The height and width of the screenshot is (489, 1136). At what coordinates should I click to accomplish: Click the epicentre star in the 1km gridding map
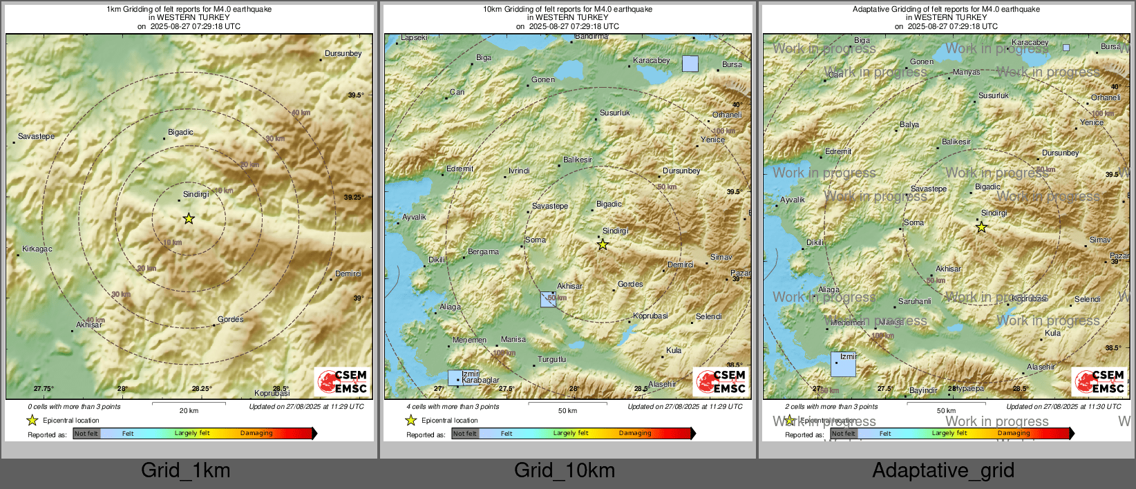[x=189, y=219]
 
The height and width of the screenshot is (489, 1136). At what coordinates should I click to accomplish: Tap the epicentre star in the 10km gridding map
[x=603, y=245]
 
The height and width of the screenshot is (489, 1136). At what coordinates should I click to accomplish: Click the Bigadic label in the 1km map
[x=180, y=132]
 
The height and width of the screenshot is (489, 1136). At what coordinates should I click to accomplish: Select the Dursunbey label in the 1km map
[x=343, y=53]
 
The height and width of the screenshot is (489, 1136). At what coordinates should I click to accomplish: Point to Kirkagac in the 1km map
[x=37, y=249]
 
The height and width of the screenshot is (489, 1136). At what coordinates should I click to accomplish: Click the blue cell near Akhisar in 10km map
[x=548, y=299]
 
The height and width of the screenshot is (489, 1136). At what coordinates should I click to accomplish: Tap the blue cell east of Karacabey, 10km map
[x=690, y=64]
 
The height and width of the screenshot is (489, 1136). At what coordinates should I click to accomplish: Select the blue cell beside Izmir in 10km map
[x=454, y=378]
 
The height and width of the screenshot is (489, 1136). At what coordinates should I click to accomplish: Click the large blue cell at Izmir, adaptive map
[x=843, y=364]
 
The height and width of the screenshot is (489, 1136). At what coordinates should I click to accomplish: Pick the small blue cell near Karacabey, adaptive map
[x=1066, y=48]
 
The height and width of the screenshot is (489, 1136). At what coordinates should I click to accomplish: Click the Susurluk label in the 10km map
[x=614, y=113]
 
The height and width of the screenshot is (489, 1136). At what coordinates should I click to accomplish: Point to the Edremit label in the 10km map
[x=460, y=169]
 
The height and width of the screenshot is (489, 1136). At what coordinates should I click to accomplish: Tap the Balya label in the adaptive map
[x=909, y=125]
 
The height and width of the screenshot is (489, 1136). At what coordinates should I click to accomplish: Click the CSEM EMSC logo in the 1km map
[x=343, y=381]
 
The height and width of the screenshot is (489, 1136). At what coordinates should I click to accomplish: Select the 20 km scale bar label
[x=189, y=410]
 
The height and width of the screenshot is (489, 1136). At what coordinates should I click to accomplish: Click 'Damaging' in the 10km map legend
[x=635, y=433]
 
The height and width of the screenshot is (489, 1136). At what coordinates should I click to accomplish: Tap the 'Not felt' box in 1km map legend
[x=86, y=434]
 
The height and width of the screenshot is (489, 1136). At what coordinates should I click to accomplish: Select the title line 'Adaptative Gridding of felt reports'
[x=946, y=9]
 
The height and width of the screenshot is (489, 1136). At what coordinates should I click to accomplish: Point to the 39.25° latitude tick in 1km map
[x=353, y=198]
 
